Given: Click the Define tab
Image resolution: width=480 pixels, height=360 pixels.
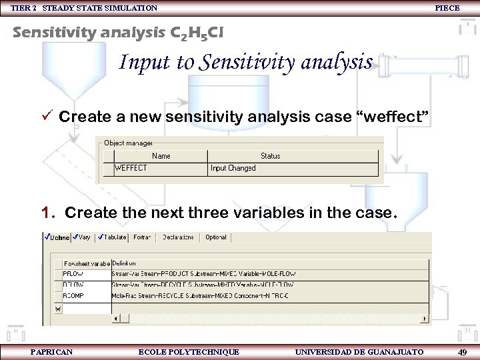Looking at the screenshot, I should [x=57, y=237].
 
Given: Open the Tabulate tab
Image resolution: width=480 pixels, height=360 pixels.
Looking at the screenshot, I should [x=113, y=237].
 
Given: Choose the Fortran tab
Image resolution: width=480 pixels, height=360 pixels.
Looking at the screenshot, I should [x=142, y=237].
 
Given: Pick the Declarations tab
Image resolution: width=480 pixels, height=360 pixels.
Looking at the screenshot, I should [x=178, y=237].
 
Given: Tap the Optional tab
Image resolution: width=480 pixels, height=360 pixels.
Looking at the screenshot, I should [x=215, y=237].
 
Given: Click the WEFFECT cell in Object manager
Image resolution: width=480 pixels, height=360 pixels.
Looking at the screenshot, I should [x=131, y=168].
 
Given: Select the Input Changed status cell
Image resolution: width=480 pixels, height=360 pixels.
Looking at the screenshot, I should [x=233, y=168].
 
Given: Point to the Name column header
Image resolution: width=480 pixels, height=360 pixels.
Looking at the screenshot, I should [x=161, y=156].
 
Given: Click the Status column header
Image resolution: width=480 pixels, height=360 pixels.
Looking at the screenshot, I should [x=270, y=156].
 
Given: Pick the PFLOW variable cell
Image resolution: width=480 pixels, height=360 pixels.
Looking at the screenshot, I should [x=73, y=274].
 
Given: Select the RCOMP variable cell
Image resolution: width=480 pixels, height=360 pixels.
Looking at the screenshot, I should [x=74, y=295].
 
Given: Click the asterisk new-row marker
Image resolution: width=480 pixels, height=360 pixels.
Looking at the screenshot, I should [x=57, y=309].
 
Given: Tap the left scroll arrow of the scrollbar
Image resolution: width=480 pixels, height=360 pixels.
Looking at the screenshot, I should [x=116, y=319].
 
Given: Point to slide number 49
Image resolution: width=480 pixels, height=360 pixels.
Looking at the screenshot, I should [x=461, y=352].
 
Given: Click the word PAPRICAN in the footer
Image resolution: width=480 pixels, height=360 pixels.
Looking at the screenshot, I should [x=51, y=352].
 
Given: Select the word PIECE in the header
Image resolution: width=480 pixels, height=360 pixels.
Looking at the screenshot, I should [x=447, y=8].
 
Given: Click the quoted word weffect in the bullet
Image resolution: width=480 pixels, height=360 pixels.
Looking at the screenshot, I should [x=396, y=117].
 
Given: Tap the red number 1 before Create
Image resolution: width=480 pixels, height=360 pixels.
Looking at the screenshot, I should [x=46, y=213].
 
